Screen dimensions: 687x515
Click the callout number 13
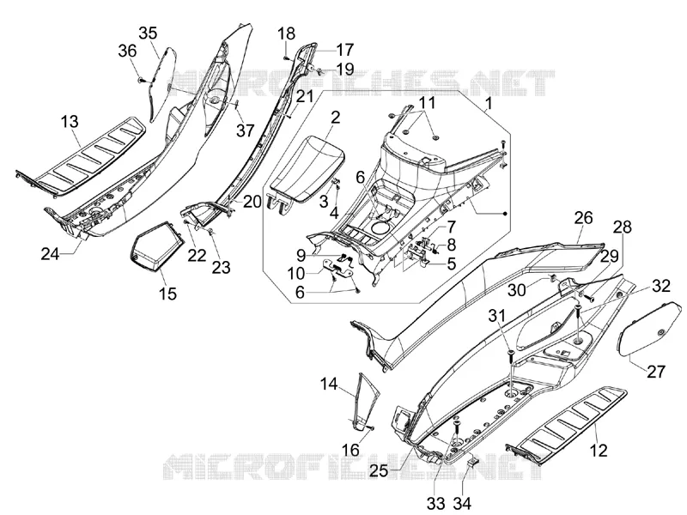(70, 122)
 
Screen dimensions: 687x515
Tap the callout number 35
(148, 33)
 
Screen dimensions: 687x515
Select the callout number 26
(583, 218)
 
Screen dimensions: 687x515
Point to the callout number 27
(656, 372)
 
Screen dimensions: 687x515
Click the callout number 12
(599, 450)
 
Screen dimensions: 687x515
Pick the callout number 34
(462, 504)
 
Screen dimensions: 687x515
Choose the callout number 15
(167, 294)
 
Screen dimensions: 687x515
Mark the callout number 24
(50, 253)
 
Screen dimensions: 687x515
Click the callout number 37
(245, 130)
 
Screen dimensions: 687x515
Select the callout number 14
(329, 384)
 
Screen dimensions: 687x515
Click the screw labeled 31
(511, 357)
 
